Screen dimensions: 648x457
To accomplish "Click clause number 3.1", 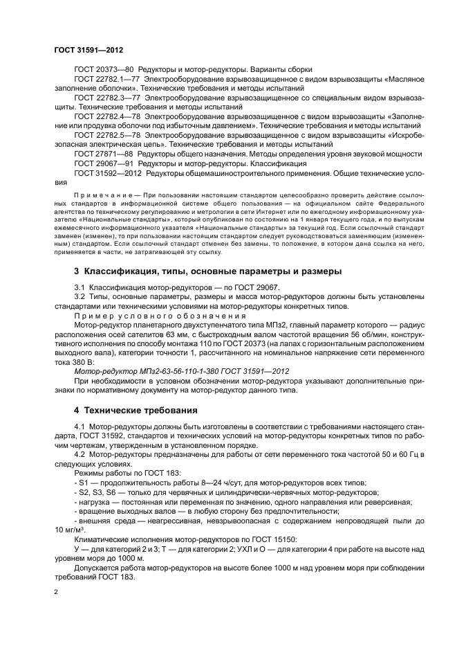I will click(x=80, y=287).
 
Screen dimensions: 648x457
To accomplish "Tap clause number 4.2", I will click(x=80, y=455).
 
